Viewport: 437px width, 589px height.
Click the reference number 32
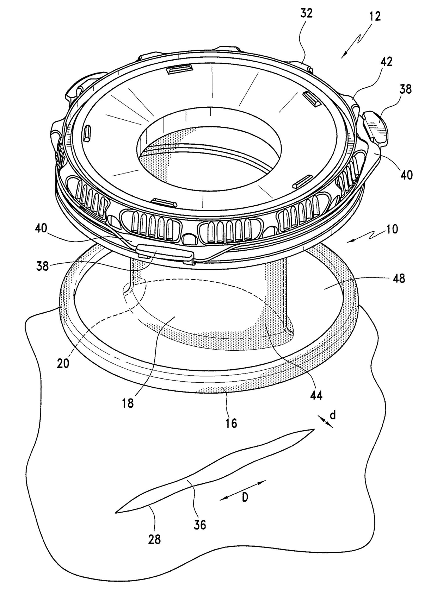(306, 14)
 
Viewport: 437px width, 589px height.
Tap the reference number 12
(375, 16)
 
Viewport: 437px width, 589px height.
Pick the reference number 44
(316, 395)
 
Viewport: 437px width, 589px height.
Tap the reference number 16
(231, 422)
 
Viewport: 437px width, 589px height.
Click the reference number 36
(199, 525)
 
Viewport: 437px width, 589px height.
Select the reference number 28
(154, 539)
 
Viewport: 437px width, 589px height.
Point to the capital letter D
(245, 498)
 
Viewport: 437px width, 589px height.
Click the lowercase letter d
(332, 416)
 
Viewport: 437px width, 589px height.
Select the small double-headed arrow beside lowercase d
(325, 421)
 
